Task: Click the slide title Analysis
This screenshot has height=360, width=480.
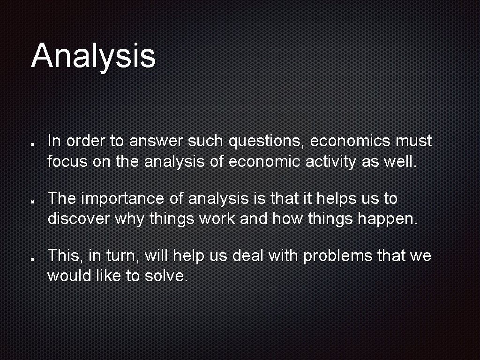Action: pos(93,55)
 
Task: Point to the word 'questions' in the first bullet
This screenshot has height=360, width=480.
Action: pos(266,141)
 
